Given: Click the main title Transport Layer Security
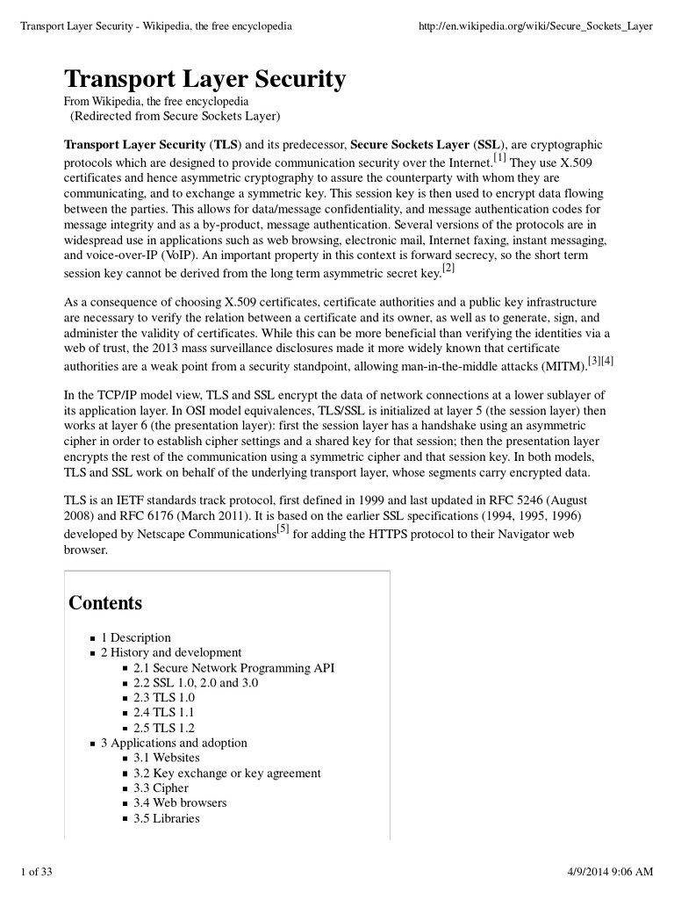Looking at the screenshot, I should pos(204,81).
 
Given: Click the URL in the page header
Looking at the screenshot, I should pos(537,25).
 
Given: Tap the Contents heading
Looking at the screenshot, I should pos(105,603).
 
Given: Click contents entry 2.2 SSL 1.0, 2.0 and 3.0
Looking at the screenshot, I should pos(196,682).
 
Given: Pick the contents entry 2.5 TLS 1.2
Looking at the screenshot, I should pos(164,728).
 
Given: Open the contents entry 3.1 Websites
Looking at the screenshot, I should pos(167,758).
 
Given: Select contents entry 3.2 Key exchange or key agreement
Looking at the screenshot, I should pos(227,773).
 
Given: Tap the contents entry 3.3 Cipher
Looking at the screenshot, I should pos(161,788).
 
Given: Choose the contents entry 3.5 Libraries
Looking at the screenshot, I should pos(167,818).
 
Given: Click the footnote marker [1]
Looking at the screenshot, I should pos(499,158).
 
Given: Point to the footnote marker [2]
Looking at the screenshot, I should pos(448,267).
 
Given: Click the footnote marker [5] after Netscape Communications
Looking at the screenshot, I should pos(283,529).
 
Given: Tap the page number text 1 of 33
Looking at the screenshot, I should pos(36,871).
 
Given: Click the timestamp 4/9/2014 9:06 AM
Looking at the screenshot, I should pos(605,871).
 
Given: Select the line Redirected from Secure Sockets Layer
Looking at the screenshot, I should pos(175,116).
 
